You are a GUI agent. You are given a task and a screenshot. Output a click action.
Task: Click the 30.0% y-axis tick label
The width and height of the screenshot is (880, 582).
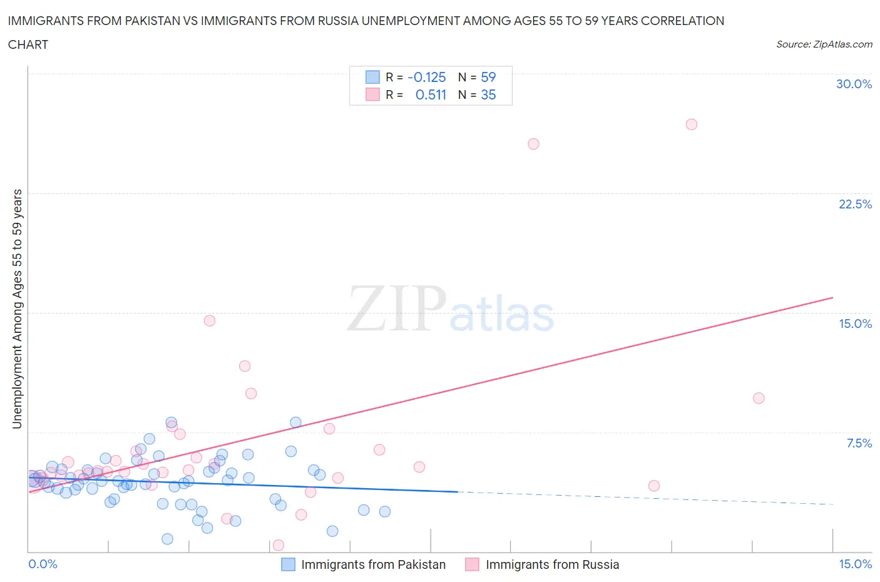coord(854,84)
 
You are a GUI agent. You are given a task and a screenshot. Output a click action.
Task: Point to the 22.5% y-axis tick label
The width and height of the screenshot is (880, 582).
coord(855,204)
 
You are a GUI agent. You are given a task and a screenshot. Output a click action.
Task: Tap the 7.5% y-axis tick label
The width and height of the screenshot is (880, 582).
coord(859,443)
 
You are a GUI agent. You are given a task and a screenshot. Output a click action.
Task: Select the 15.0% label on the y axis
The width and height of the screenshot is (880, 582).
coord(855,324)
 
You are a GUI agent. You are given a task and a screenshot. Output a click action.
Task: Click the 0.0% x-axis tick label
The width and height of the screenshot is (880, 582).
coord(43,564)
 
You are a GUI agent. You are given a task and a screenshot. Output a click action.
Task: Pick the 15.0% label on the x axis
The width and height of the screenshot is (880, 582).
coord(855,564)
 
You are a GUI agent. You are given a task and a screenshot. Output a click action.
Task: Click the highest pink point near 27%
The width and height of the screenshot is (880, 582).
coord(691,125)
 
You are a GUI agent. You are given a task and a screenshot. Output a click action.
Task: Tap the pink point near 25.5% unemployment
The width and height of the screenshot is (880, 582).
coord(533,144)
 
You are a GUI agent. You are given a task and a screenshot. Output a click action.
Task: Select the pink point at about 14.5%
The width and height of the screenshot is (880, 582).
coord(210,320)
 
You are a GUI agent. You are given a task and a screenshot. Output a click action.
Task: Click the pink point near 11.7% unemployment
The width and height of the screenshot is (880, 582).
coord(245,366)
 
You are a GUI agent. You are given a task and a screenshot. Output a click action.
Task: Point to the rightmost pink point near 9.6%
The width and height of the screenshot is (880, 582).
coord(759,398)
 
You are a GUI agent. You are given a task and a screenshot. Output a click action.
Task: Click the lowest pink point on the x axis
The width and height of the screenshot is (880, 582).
coord(279,545)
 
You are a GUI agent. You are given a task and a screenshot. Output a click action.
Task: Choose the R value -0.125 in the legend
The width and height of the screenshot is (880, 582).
coord(426,77)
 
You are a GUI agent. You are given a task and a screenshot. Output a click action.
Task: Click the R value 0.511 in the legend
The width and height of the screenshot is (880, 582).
coord(431,94)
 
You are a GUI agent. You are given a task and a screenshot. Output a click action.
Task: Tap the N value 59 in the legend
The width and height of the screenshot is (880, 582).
coord(488,77)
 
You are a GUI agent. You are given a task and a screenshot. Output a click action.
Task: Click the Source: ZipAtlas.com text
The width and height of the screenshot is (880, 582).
coord(824,44)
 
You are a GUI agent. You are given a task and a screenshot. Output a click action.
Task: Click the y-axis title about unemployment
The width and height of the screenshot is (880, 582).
coord(17,309)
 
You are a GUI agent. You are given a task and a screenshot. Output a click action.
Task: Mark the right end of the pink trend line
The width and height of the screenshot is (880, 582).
coord(832,297)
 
